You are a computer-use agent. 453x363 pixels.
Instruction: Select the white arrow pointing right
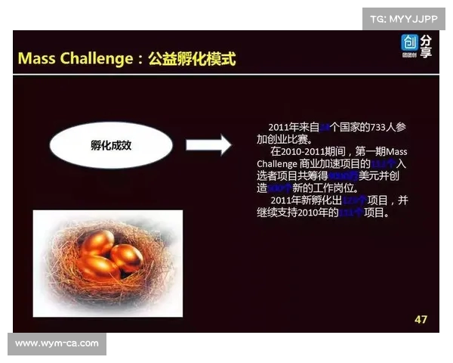coord(208,144)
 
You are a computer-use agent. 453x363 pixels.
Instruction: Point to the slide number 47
coord(421,319)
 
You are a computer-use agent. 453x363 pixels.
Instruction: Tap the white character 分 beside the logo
coord(427,41)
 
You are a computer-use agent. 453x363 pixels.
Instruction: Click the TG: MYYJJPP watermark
coord(403,17)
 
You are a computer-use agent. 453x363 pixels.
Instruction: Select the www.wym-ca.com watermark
coord(57,344)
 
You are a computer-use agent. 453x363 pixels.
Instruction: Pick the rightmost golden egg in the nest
coord(126,258)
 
